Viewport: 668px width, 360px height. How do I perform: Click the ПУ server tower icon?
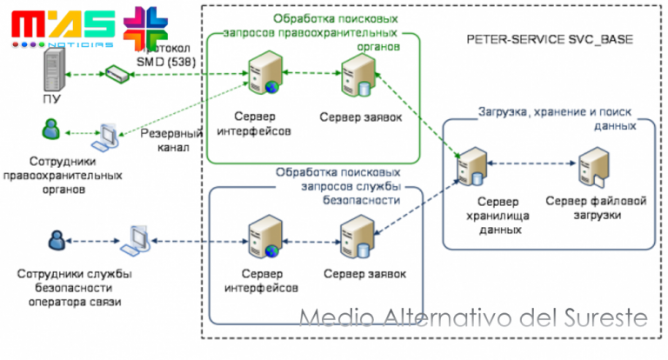[x=54, y=71]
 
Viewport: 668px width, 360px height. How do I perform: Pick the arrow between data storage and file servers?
[x=532, y=163]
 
